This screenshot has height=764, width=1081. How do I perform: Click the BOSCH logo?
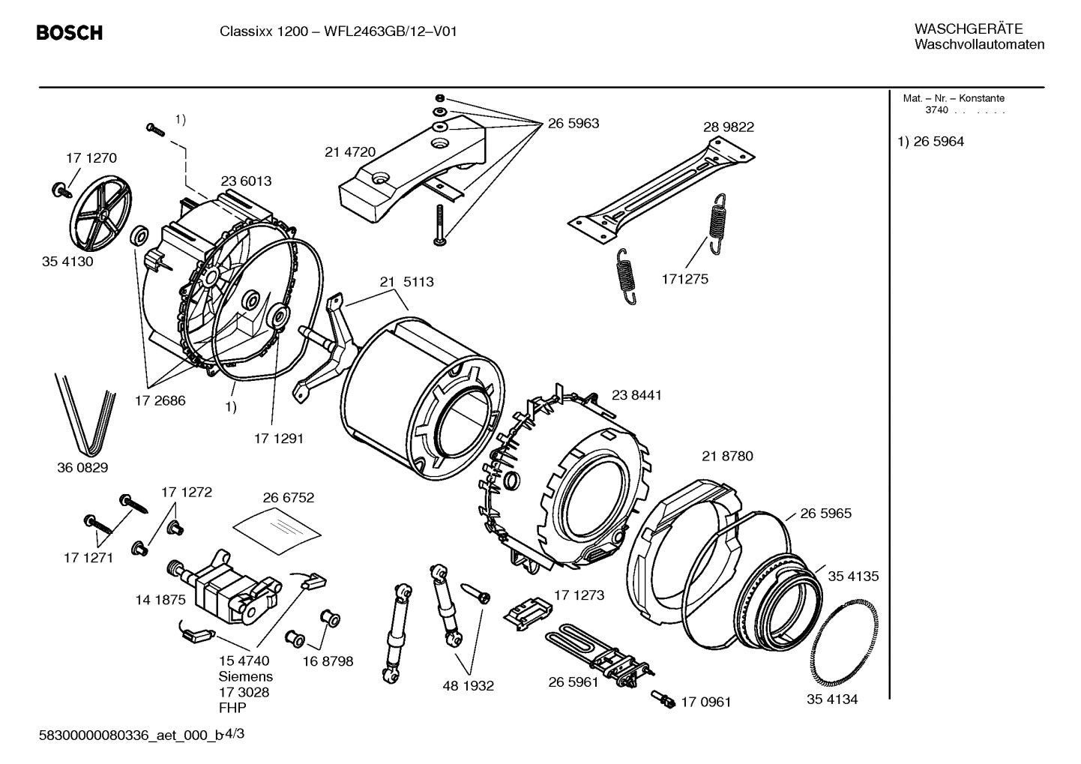tap(69, 33)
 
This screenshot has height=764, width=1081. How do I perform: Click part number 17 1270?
tap(91, 158)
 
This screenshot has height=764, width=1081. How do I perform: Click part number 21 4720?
tap(350, 151)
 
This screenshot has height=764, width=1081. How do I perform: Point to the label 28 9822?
tap(728, 127)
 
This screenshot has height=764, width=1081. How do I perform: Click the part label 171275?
tap(684, 279)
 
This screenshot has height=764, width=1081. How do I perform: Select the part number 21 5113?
tap(406, 282)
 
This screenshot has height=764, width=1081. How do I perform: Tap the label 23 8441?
tap(636, 395)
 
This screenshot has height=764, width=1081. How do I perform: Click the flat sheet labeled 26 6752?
tap(277, 522)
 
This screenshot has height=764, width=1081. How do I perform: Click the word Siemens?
tap(246, 676)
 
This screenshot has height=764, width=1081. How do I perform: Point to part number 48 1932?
tap(469, 685)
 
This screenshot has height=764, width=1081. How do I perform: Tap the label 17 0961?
tap(705, 703)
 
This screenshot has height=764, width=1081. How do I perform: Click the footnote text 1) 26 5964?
tap(931, 142)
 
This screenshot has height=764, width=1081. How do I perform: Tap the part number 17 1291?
tap(279, 439)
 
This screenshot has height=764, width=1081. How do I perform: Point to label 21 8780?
tap(727, 456)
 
